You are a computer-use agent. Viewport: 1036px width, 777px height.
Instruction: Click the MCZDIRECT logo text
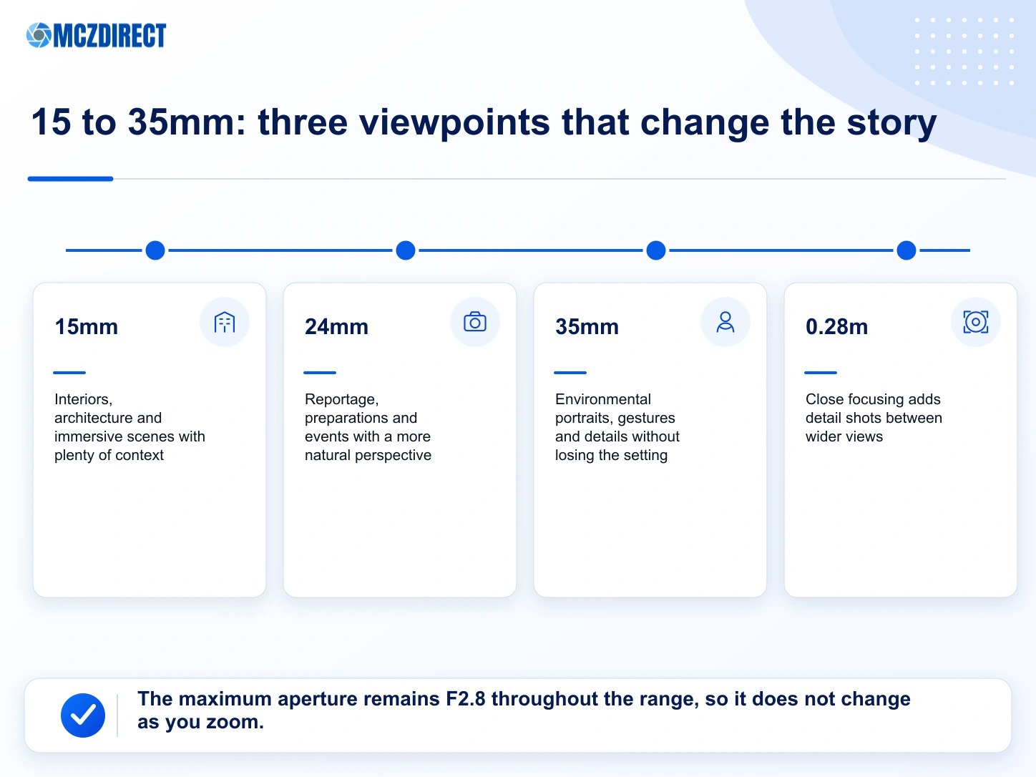109,35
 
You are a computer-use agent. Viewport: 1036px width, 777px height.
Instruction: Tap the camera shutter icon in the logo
39,35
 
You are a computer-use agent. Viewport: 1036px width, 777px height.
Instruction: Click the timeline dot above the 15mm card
155,250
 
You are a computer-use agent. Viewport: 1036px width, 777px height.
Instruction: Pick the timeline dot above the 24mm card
406,250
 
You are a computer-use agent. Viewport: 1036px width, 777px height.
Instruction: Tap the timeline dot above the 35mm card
656,250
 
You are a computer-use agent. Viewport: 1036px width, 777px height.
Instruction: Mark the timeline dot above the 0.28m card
906,250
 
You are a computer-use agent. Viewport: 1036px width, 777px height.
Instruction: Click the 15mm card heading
87,326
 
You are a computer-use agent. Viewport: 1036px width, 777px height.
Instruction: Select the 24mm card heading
336,326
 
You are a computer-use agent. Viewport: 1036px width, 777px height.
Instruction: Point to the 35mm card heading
587,326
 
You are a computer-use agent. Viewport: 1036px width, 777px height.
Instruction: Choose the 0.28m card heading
836,326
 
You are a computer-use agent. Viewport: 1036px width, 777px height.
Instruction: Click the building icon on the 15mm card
225,322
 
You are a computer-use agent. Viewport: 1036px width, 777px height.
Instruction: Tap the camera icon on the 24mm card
475,322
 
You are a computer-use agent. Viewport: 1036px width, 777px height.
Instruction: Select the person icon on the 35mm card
725,322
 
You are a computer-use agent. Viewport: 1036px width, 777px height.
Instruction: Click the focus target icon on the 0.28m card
976,322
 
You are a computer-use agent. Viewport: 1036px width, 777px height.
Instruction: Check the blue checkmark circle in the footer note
82,715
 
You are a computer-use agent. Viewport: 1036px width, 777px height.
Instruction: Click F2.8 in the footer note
465,699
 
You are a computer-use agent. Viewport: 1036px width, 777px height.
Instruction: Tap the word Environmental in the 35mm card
602,399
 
